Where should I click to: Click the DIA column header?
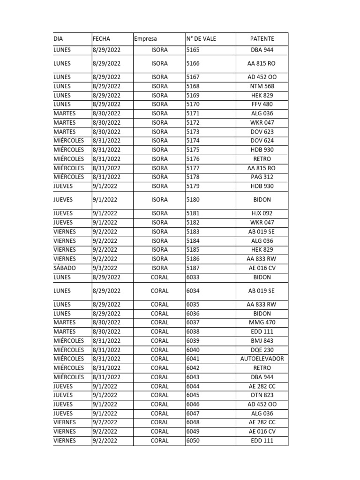point(58,39)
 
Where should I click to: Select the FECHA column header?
point(102,39)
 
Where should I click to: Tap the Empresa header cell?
point(145,39)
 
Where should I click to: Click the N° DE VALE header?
point(201,39)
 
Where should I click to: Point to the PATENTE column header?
point(262,39)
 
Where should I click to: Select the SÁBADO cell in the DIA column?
point(65,268)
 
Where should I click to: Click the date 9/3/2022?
point(105,268)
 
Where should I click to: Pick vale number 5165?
point(193,50)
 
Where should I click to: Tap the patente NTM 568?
point(262,86)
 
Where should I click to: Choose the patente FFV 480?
point(262,104)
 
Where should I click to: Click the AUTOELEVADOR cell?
point(262,359)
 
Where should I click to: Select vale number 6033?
point(193,277)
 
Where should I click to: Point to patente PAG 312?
point(262,177)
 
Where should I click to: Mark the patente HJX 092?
point(262,213)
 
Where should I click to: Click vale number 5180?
point(193,200)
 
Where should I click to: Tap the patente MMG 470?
point(262,322)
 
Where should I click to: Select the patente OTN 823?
point(262,395)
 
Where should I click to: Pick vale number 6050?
point(193,441)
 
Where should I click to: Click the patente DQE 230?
point(262,350)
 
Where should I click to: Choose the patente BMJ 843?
point(262,341)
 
